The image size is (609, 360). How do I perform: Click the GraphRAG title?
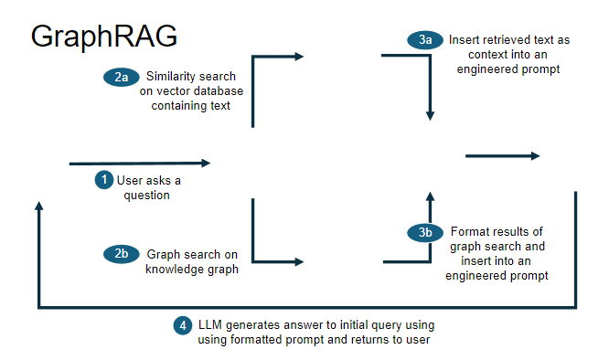(103, 36)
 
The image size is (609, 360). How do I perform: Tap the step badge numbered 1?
(104, 180)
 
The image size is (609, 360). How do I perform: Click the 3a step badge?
(425, 41)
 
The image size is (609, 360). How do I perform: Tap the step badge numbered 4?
(183, 325)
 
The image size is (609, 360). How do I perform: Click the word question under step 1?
(147, 195)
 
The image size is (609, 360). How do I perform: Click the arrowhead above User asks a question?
(206, 164)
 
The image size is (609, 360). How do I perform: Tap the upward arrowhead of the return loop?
(38, 206)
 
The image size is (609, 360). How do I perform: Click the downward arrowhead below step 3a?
(430, 115)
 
